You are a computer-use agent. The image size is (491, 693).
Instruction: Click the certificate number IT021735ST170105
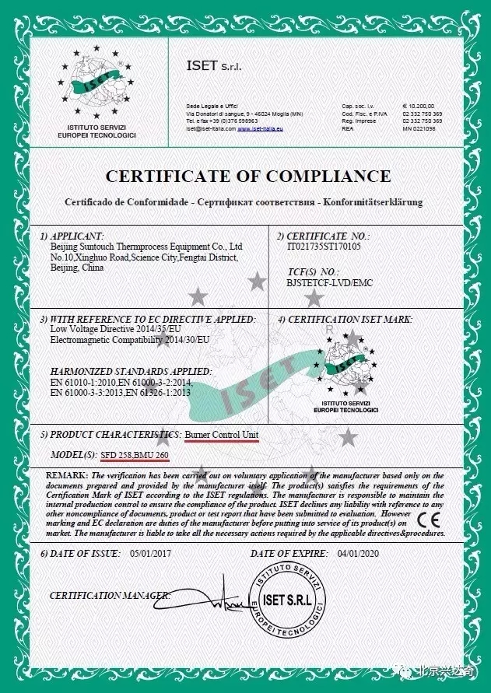(x=324, y=246)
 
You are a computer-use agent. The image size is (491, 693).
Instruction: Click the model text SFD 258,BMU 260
(x=134, y=454)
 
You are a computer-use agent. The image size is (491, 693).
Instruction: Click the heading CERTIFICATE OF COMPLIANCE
(x=247, y=176)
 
